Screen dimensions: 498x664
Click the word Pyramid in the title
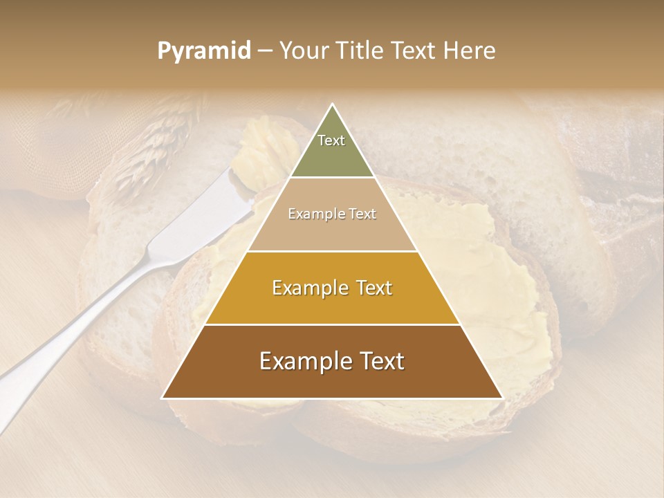point(203,51)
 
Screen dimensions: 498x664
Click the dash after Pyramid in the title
point(264,51)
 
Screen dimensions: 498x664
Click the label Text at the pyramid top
point(331,140)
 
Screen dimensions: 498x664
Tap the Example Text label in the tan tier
point(332,214)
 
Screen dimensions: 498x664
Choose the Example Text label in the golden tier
point(332,288)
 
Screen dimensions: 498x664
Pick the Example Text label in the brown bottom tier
point(332,361)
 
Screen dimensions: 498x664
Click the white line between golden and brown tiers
point(332,324)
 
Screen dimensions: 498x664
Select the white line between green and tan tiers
point(332,178)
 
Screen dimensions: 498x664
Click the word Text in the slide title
point(414,50)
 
